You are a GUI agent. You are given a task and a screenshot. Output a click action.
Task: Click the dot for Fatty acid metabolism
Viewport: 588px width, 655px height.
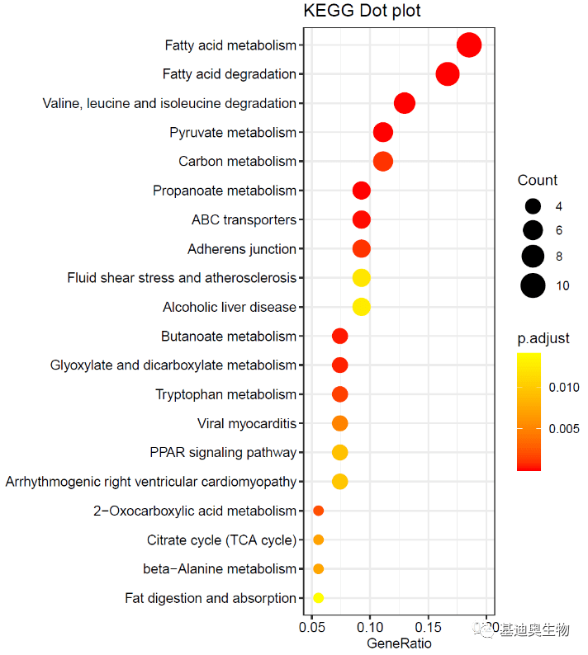coord(469,45)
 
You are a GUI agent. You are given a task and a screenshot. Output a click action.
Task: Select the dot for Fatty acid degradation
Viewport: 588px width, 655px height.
coord(447,74)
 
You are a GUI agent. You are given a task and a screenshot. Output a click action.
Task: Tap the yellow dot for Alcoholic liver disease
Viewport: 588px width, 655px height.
coord(361,307)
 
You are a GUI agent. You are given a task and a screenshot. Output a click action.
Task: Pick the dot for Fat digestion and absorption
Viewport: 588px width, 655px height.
coord(318,598)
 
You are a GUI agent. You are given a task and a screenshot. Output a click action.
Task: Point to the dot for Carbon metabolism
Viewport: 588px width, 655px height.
coord(382,162)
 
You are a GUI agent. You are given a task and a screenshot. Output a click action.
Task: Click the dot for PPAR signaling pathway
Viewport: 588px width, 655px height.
coord(339,452)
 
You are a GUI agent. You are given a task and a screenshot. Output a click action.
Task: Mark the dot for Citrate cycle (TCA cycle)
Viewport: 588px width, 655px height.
coord(318,540)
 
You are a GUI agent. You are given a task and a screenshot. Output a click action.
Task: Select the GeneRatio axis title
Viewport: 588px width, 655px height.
coord(399,643)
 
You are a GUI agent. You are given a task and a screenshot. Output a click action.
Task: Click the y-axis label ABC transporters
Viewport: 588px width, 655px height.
coord(244,220)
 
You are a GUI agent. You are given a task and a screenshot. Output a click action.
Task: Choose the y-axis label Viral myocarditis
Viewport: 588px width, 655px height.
coord(246,424)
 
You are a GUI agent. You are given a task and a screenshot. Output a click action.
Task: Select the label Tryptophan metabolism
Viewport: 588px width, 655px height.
coord(225,394)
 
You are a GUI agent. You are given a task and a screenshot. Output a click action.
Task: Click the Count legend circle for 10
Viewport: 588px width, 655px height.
coord(533,285)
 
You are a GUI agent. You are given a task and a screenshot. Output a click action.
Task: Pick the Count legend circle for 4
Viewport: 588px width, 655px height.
coord(533,206)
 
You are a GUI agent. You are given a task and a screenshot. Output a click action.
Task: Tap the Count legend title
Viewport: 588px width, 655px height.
coord(537,181)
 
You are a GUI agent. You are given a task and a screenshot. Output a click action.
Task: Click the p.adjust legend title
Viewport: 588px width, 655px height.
coord(543,338)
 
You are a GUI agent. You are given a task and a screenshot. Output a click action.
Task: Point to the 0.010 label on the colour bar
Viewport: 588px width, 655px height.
coord(564,387)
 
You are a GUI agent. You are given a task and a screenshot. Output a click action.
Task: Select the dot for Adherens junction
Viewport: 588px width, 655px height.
coord(361,249)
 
